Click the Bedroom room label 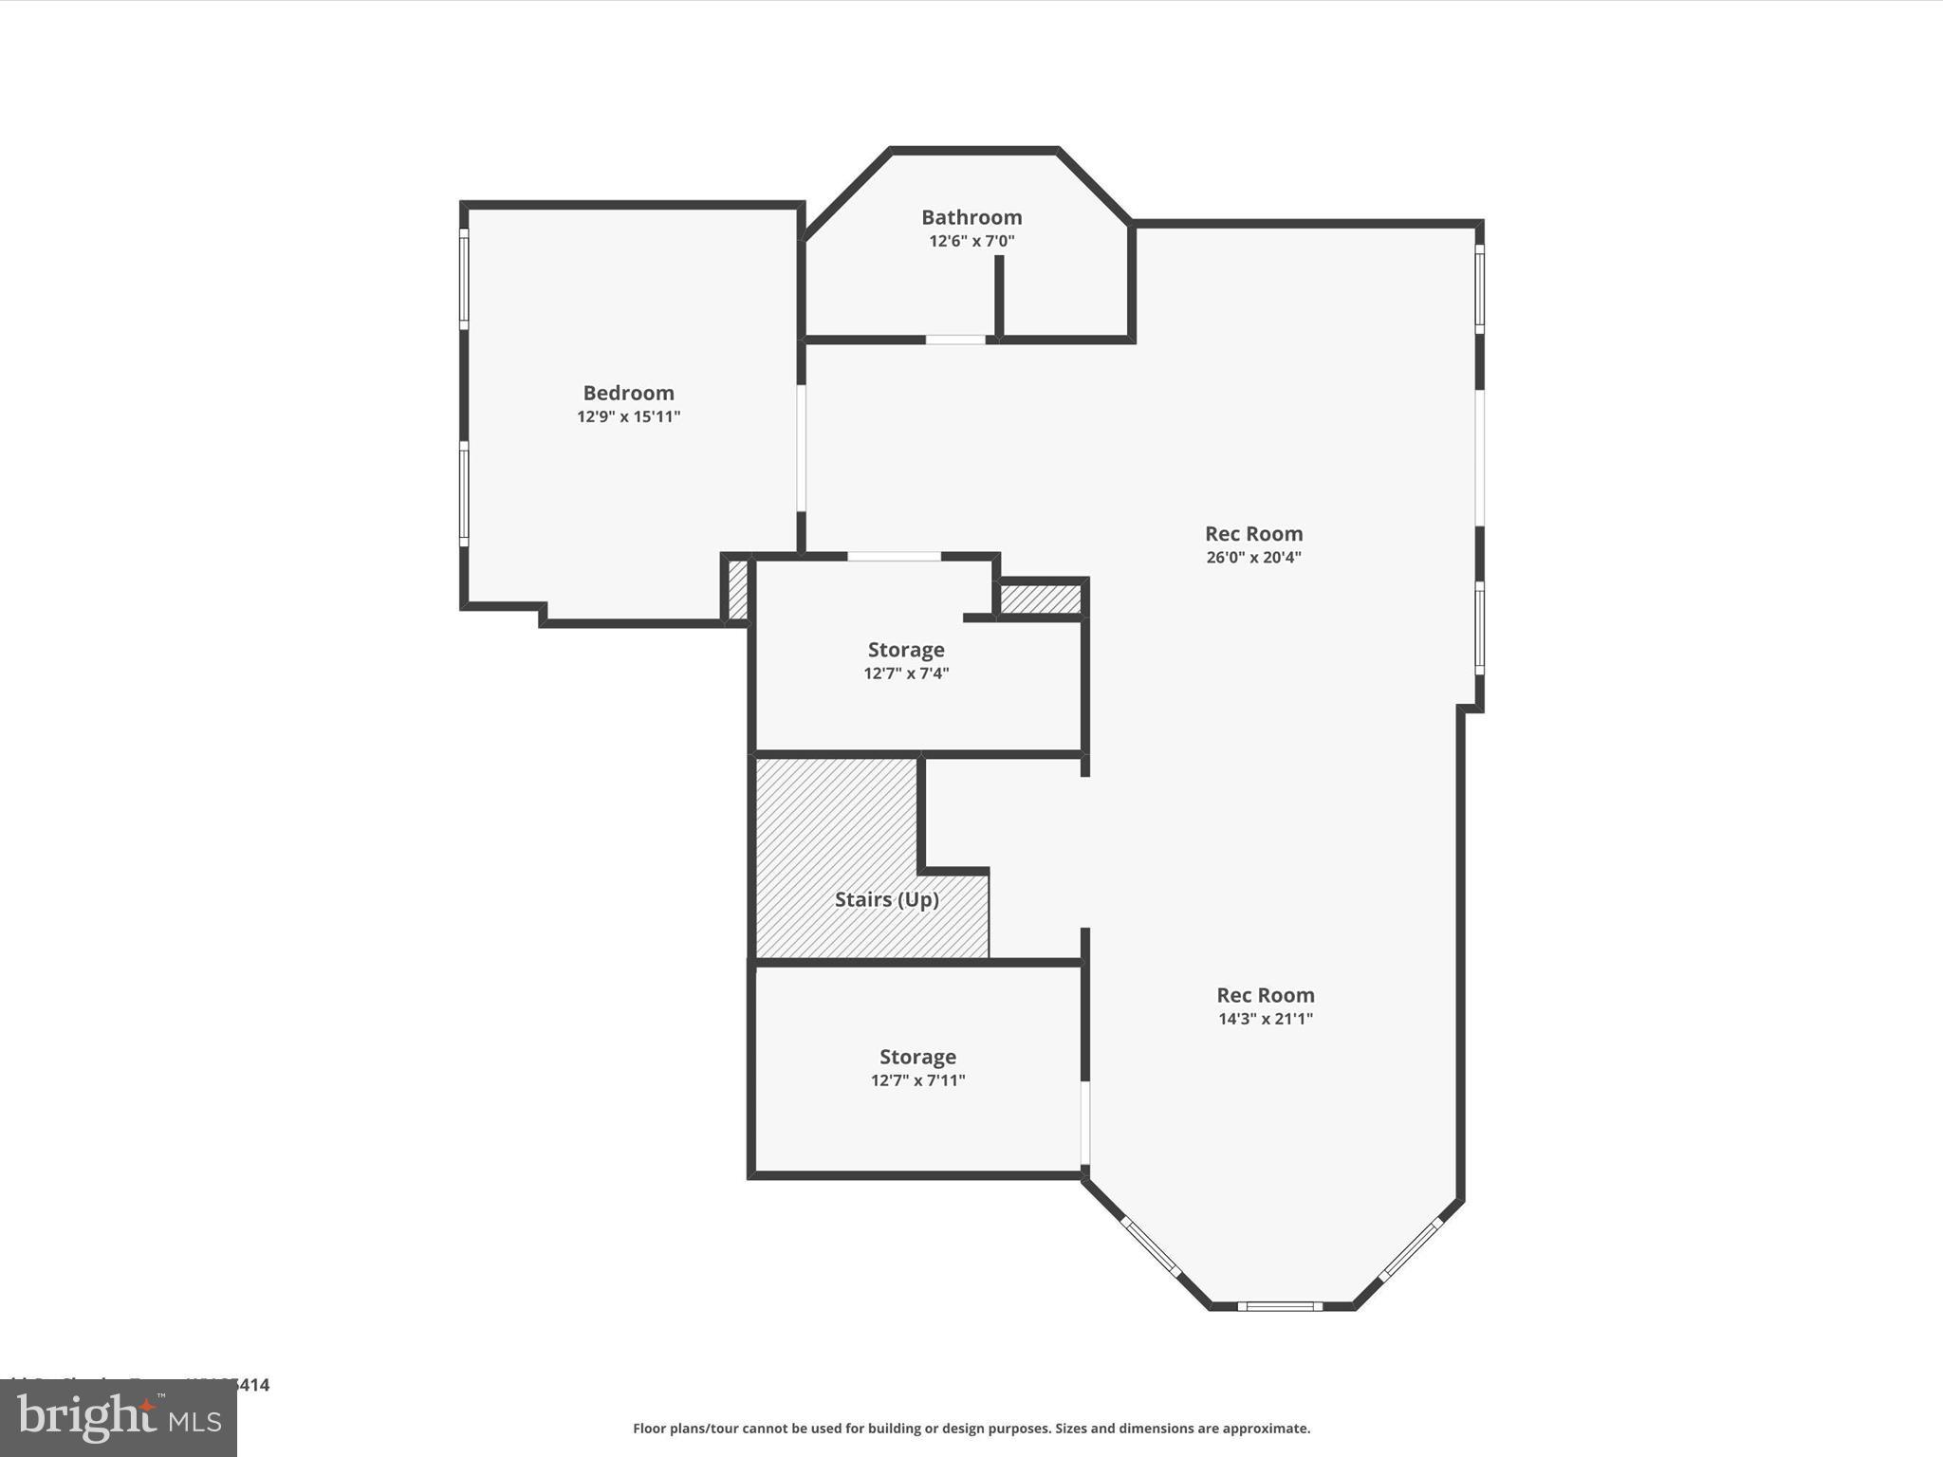click(628, 393)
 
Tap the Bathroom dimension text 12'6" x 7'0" click(971, 241)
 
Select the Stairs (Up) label click(886, 899)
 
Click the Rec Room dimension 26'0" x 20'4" click(1253, 558)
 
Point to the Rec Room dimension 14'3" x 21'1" click(1265, 1019)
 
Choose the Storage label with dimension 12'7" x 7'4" click(906, 650)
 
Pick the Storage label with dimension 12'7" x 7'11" click(917, 1057)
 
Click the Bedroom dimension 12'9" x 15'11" click(628, 416)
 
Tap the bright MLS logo click(119, 1418)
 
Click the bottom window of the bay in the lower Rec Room click(1280, 1306)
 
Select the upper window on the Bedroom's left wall click(464, 279)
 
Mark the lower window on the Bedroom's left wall click(464, 493)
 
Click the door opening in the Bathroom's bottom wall click(955, 340)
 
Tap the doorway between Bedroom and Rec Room click(802, 448)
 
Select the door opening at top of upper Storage click(894, 557)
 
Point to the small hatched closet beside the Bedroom click(737, 590)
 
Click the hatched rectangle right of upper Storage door click(1041, 599)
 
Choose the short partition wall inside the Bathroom click(999, 294)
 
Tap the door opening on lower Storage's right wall click(1085, 1123)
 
